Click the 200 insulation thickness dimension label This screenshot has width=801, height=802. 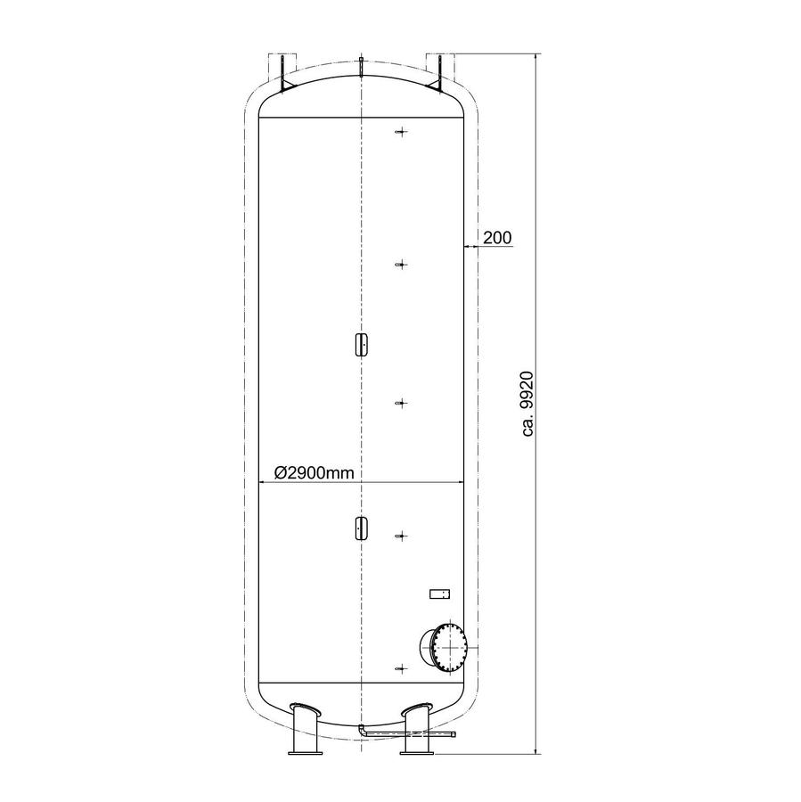coord(497,238)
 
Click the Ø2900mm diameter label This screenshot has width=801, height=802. coord(314,472)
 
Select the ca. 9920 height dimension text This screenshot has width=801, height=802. coord(527,404)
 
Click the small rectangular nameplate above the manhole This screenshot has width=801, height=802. coord(439,593)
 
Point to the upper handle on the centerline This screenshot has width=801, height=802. coord(361,344)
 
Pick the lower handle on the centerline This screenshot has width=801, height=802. coord(361,528)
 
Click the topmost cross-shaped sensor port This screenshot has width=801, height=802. coord(402,132)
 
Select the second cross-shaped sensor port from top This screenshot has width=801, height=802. coord(402,265)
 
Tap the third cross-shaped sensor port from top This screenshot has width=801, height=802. coord(402,403)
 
